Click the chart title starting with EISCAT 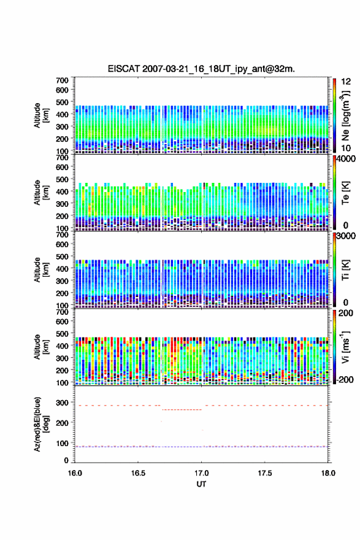(x=201, y=69)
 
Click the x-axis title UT (x=201, y=484)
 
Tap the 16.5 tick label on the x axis (x=137, y=473)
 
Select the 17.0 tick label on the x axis (x=201, y=473)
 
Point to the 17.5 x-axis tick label (x=265, y=473)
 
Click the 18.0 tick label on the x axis (x=328, y=473)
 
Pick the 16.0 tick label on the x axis (x=75, y=473)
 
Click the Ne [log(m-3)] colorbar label (x=345, y=115)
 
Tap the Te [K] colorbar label (x=345, y=193)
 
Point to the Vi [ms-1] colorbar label (x=345, y=347)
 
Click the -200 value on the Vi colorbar (x=343, y=379)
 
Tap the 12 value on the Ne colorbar (x=346, y=82)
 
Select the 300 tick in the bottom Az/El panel (x=63, y=403)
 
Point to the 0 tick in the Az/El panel (x=66, y=460)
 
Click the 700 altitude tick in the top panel (x=63, y=80)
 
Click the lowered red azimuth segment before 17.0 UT (x=182, y=409)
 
